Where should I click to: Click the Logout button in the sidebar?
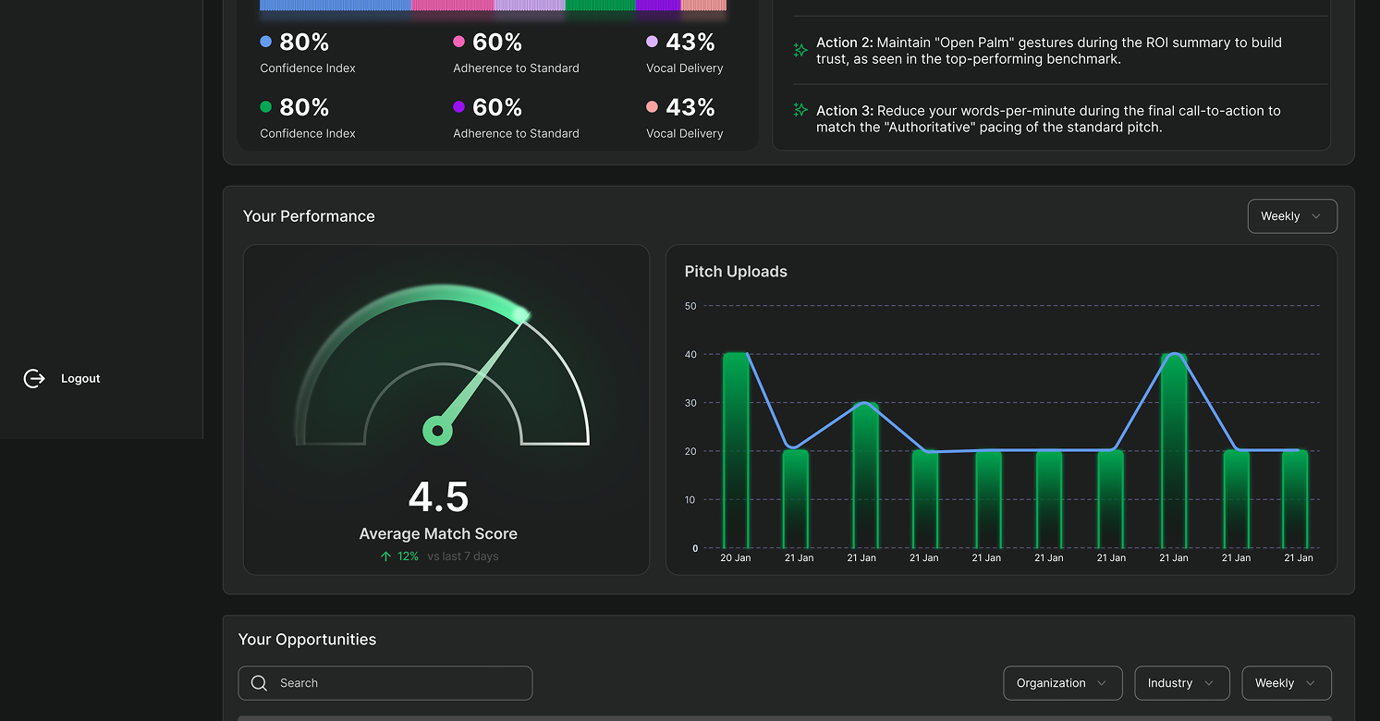[x=62, y=378]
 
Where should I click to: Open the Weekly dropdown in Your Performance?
[x=1291, y=216]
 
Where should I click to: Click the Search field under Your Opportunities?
[x=385, y=683]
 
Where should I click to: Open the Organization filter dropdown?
[x=1062, y=683]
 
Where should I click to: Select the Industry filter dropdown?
[x=1181, y=683]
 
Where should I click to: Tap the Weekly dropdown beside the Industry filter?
[x=1286, y=683]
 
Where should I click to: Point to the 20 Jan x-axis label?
[x=736, y=558]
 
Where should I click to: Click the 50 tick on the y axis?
[x=690, y=306]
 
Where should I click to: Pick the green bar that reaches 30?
[x=865, y=475]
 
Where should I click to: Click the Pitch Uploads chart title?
[x=736, y=272]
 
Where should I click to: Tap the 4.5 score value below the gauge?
[x=439, y=497]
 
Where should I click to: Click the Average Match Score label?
[x=438, y=534]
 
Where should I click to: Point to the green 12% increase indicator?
[x=399, y=556]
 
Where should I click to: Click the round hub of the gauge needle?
[x=437, y=431]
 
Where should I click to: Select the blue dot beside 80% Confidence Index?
[x=266, y=42]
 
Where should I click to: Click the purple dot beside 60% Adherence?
[x=458, y=107]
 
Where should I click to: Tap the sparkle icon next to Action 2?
[x=800, y=50]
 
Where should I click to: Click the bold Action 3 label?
[x=844, y=111]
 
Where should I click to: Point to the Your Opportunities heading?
[x=307, y=640]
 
